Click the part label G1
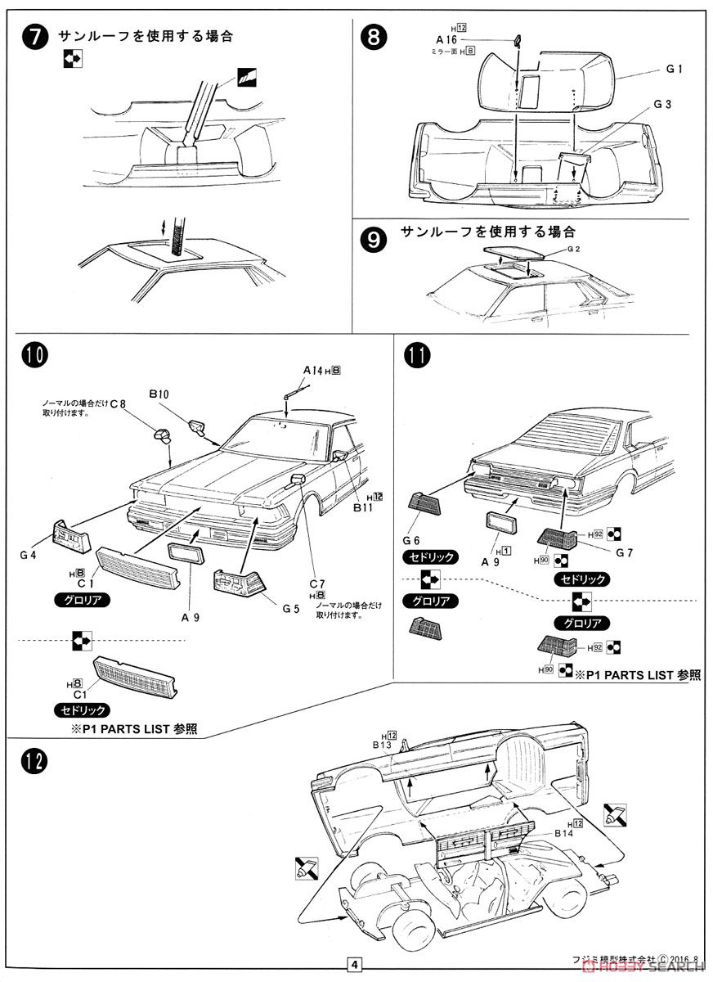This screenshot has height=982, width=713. (x=674, y=70)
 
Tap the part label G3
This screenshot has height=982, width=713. (x=662, y=104)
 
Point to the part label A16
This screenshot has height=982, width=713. (x=445, y=38)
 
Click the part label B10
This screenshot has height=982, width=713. (x=159, y=394)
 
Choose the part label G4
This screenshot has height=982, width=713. (x=29, y=556)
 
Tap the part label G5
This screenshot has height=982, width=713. (x=290, y=608)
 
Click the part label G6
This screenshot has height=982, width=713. (x=411, y=540)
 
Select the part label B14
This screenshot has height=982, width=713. (x=564, y=833)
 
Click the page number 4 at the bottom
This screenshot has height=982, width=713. (x=355, y=964)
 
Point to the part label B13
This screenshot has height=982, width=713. (x=383, y=746)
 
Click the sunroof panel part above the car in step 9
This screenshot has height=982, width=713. (x=508, y=253)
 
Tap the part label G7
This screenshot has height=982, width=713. (x=625, y=552)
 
